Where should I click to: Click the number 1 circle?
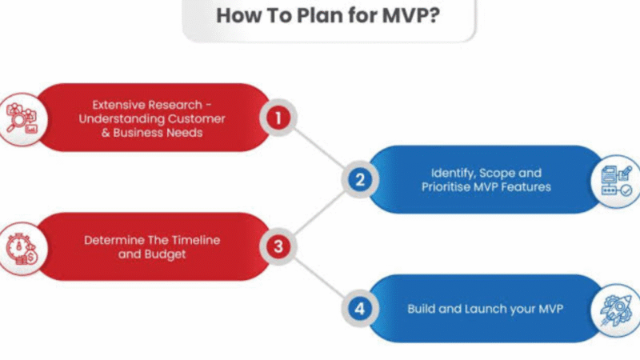tap(278, 118)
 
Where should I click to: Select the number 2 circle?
tap(359, 179)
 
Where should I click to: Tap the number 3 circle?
tap(278, 246)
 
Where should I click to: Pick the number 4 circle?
tap(359, 309)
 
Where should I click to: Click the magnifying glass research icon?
tap(22, 118)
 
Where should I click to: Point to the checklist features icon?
tap(617, 182)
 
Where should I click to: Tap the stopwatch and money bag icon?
tap(22, 248)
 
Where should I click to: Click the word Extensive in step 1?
tap(117, 105)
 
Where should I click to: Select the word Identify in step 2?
tap(454, 173)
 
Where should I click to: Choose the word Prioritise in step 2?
tap(446, 187)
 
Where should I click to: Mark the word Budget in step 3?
tap(165, 254)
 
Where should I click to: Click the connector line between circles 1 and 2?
tap(319, 149)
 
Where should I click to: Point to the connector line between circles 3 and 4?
tap(319, 278)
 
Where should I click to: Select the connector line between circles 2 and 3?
tap(319, 214)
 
